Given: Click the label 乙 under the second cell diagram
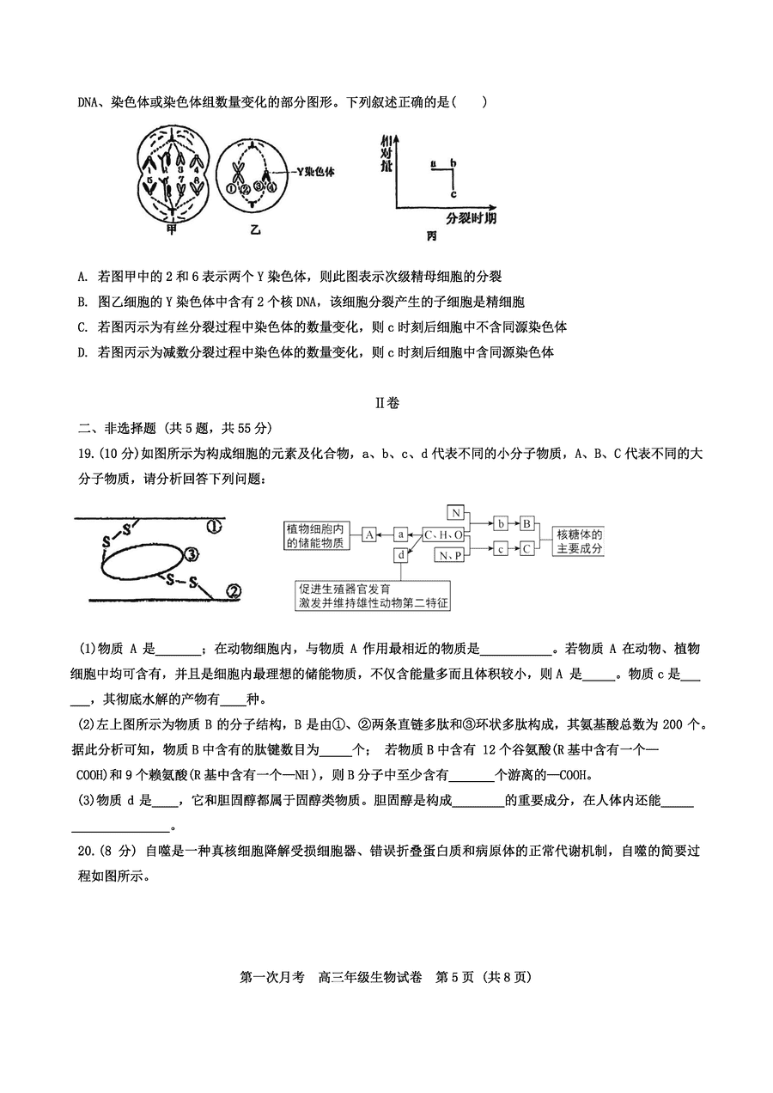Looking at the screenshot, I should coord(254,229).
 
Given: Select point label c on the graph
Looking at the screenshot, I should coord(453,193).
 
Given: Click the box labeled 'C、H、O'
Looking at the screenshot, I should coord(444,534).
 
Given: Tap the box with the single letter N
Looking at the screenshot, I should coord(456,513).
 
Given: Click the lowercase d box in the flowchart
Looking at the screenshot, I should coord(400,555).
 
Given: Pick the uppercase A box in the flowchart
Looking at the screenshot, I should coord(368,534).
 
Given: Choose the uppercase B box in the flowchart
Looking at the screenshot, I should coord(528,522).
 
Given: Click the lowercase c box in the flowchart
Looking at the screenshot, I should coord(500,546).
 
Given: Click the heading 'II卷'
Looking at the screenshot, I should coord(386,402).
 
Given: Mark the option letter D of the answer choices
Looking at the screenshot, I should coord(82,352).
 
